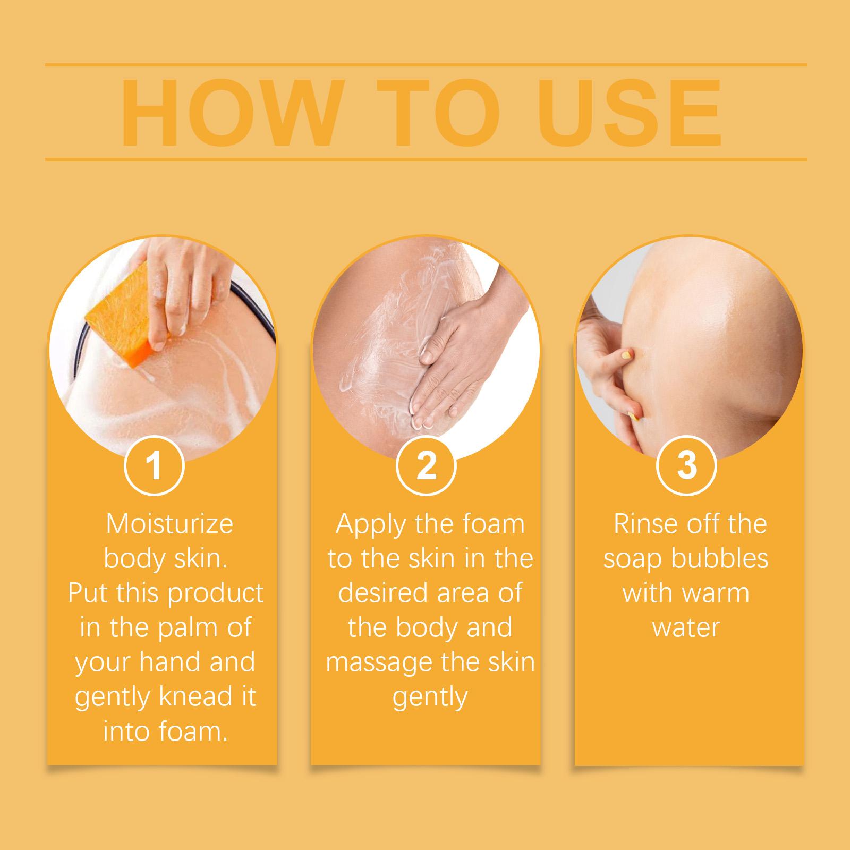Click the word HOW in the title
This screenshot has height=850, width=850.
coord(229,113)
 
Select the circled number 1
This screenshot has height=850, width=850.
coord(154,465)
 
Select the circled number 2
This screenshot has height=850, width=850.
coord(426,465)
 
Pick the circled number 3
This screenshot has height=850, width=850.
coord(687,465)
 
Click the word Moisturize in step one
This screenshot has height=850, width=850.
coord(169,524)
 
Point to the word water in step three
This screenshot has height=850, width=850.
coord(686,628)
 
